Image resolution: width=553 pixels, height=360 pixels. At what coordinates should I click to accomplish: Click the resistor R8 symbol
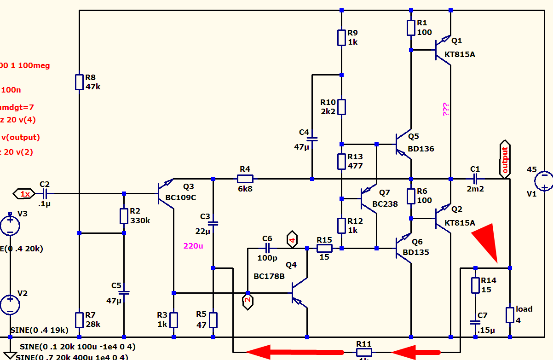click(80, 82)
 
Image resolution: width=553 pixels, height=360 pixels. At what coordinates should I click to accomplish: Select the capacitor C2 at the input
click(46, 194)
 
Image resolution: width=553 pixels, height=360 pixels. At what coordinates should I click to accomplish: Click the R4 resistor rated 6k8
click(245, 179)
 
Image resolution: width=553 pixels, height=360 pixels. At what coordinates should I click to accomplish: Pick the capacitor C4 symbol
click(312, 139)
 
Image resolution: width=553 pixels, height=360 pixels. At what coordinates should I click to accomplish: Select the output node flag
click(505, 159)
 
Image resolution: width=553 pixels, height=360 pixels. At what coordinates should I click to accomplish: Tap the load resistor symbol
click(510, 315)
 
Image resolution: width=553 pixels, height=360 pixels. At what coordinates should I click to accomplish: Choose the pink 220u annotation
click(193, 246)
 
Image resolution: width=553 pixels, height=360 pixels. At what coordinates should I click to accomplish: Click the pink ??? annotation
click(446, 109)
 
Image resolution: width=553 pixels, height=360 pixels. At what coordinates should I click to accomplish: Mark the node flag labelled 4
click(292, 239)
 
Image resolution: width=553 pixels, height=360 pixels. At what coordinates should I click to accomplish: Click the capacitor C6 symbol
click(267, 249)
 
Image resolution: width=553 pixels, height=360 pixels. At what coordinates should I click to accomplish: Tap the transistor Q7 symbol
click(369, 198)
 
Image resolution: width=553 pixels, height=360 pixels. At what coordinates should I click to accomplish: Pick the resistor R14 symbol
click(475, 285)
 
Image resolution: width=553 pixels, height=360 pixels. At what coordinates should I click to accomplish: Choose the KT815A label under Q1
click(460, 55)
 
